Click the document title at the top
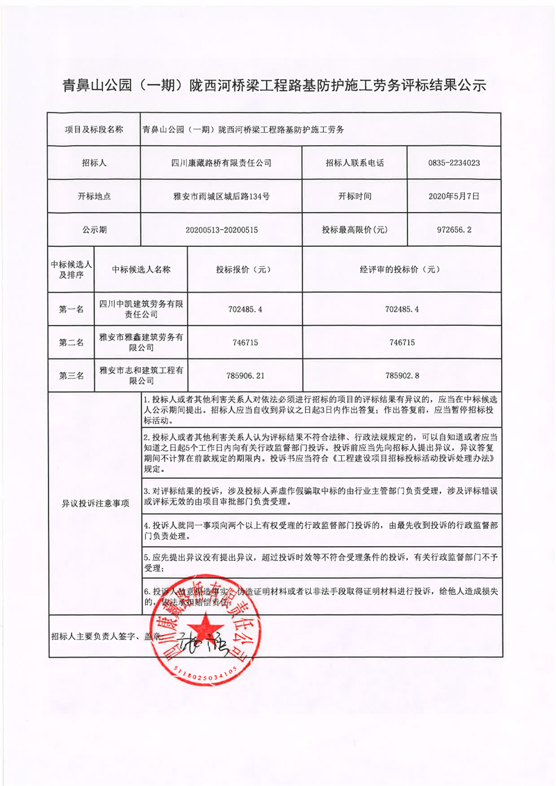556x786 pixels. pyautogui.click(x=278, y=85)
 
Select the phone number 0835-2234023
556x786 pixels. pyautogui.click(x=455, y=163)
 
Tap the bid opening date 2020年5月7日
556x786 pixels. pyautogui.click(x=455, y=197)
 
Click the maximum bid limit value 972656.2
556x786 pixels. pyautogui.click(x=455, y=229)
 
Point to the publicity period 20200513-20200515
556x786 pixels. pyautogui.click(x=222, y=229)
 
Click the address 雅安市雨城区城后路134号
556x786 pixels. pyautogui.click(x=222, y=197)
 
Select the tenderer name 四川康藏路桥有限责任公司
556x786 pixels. pyautogui.click(x=222, y=163)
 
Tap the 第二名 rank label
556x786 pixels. pyautogui.click(x=71, y=343)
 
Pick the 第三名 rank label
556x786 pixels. pyautogui.click(x=71, y=375)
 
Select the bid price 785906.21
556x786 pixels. pyautogui.click(x=247, y=375)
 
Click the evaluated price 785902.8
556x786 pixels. pyautogui.click(x=402, y=375)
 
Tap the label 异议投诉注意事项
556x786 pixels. pyautogui.click(x=94, y=503)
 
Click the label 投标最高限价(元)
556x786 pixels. pyautogui.click(x=354, y=229)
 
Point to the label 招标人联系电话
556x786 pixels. pyautogui.click(x=354, y=163)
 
